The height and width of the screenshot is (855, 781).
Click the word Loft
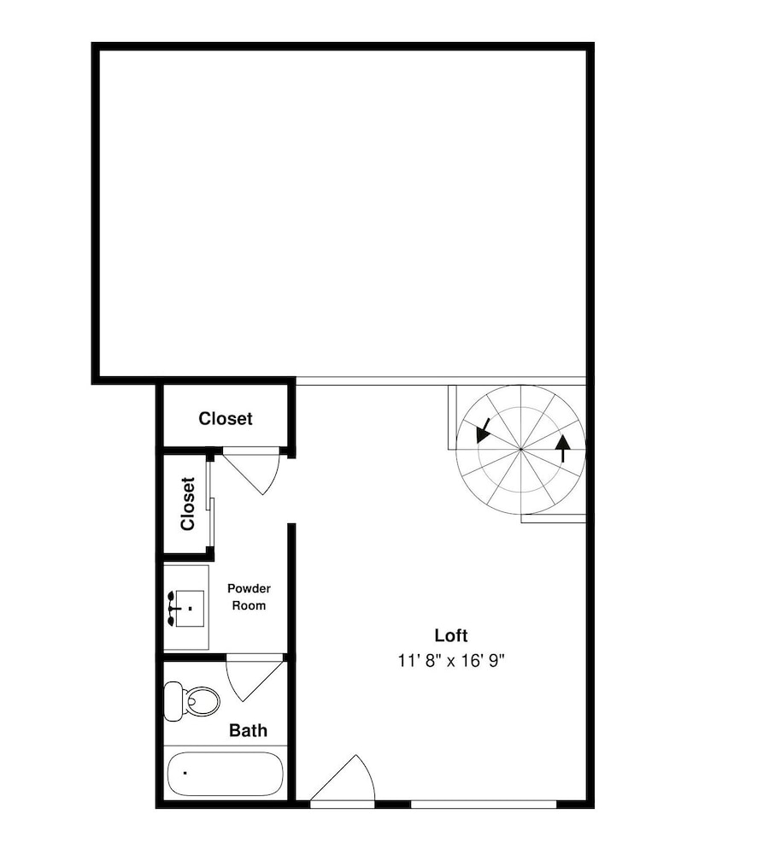point(450,635)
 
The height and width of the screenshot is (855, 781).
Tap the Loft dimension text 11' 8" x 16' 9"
point(451,661)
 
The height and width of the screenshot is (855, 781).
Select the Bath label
point(248,730)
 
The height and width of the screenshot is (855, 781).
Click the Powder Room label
point(249,597)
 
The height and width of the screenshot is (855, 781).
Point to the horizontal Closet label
point(225,418)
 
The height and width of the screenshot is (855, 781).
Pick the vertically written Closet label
point(187,504)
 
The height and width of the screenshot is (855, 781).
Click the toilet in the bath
point(192,701)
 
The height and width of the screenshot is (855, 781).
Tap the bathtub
point(225,775)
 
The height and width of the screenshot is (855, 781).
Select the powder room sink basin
point(189,608)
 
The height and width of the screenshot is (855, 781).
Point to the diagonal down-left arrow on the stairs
point(483,430)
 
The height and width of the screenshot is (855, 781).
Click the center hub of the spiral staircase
point(520,449)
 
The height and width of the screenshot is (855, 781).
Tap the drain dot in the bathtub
point(185,773)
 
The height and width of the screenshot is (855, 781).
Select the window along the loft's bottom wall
point(484,804)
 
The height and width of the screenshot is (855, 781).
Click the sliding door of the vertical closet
point(210,504)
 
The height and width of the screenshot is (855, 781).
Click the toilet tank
point(173,701)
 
